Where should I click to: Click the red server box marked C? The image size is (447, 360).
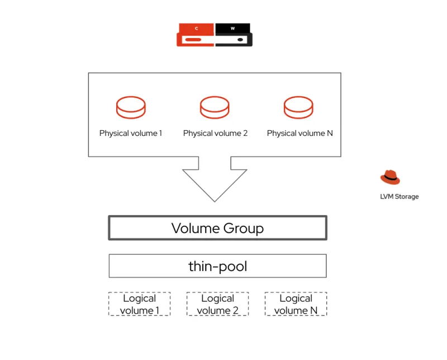click(196, 35)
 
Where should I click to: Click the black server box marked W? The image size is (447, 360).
click(234, 35)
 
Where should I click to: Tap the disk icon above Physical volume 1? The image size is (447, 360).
click(131, 106)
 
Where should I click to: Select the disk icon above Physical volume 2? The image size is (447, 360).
click(215, 106)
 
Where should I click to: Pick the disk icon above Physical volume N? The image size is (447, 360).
click(298, 106)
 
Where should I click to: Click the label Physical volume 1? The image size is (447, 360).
click(131, 134)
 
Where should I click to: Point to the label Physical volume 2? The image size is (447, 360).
click(215, 134)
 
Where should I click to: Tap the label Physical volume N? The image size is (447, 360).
click(299, 134)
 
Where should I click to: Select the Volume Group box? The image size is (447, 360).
click(217, 228)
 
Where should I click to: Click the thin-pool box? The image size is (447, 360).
click(217, 266)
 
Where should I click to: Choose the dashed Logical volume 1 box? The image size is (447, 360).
click(139, 304)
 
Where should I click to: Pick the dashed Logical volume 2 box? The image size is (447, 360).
click(217, 304)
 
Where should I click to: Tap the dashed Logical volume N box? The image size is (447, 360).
click(296, 304)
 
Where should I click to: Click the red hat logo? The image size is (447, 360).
click(390, 177)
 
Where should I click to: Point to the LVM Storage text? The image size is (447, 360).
click(399, 197)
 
